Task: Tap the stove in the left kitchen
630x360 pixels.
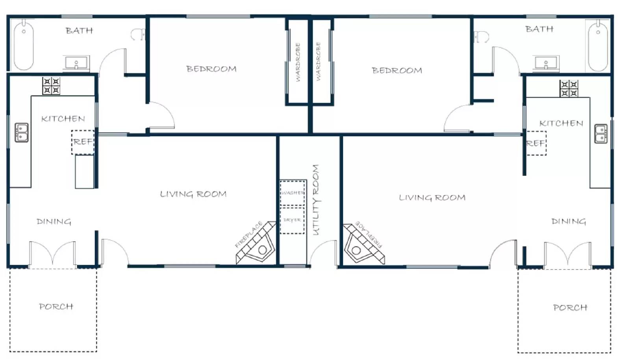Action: pos(51,86)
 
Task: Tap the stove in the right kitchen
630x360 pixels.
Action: pos(569,89)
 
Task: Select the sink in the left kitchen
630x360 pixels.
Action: pos(22,132)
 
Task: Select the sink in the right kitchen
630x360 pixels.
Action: pos(601,134)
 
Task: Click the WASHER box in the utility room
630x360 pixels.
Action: pos(293,193)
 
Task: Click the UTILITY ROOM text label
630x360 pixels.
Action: pos(316,200)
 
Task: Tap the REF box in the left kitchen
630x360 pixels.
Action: pos(83,142)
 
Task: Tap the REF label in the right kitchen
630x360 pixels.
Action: pos(535,144)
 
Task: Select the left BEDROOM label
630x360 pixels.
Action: pos(211,69)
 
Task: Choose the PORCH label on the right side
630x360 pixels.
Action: pos(570,308)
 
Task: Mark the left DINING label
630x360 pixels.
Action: pos(54,222)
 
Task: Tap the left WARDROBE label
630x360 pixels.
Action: pos(298,62)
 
